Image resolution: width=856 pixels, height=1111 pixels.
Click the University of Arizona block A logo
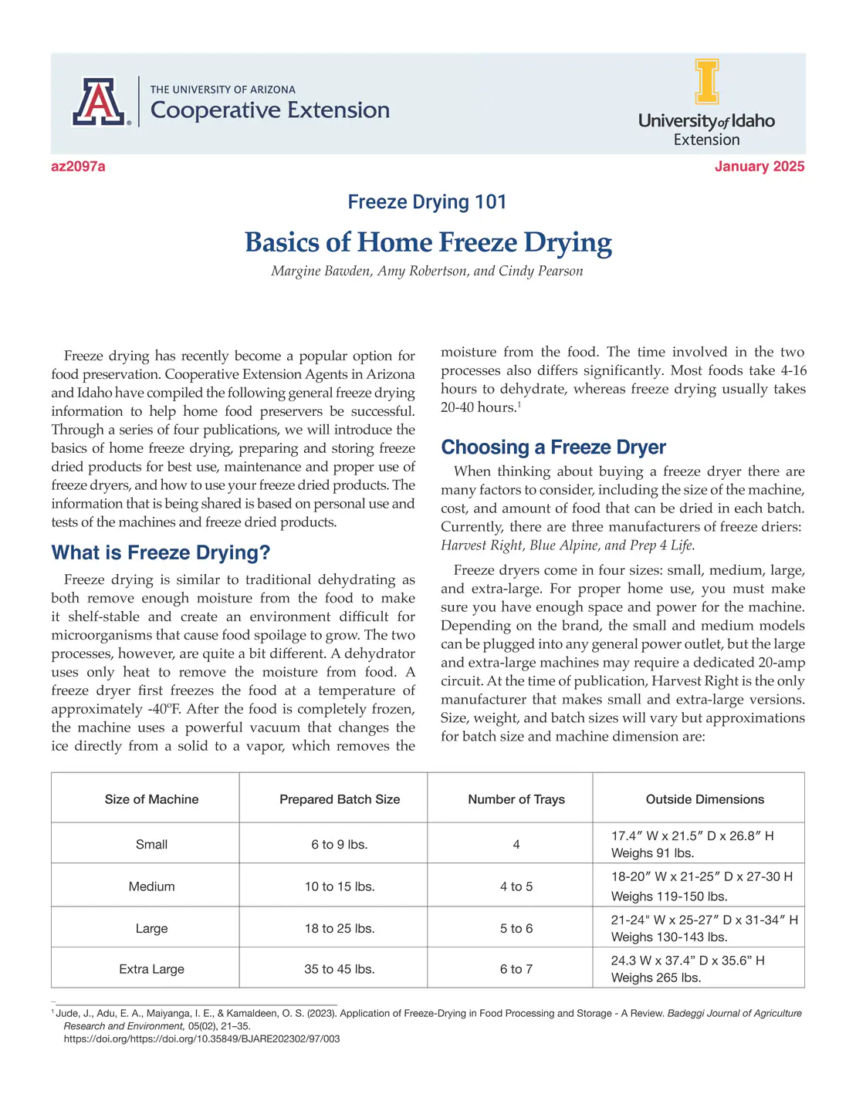coord(98,102)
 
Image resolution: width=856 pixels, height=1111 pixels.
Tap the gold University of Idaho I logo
coord(706,82)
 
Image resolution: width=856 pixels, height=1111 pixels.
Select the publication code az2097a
coord(78,167)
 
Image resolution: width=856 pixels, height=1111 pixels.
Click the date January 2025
coord(759,167)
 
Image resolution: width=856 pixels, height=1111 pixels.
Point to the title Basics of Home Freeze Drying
coord(428,242)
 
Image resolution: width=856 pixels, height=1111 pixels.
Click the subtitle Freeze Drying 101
coord(427,202)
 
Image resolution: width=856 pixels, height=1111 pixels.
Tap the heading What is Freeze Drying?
coord(161,552)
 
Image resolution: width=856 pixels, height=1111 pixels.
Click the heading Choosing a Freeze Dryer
coord(553,447)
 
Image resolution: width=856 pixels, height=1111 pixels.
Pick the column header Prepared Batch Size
coord(340,799)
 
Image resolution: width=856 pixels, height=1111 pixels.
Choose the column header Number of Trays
coord(516,799)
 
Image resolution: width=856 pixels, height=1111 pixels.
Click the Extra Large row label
coord(151,969)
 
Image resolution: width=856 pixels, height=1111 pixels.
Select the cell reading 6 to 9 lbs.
coord(340,844)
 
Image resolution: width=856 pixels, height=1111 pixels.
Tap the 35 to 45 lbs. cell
coord(340,969)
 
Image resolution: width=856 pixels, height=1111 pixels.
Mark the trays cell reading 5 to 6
coord(516,928)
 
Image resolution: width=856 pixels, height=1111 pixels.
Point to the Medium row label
coord(151,886)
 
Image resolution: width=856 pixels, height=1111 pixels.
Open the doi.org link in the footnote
coord(201,1038)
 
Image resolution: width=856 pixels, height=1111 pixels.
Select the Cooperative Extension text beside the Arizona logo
coord(269,110)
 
